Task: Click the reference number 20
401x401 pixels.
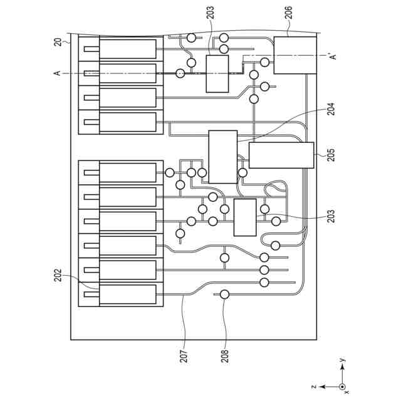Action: tap(58, 42)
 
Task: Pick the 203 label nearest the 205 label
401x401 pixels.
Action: tap(331, 217)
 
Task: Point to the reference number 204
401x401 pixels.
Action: tap(331, 108)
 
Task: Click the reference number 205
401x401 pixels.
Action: tap(331, 154)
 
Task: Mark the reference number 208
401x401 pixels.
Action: tap(225, 356)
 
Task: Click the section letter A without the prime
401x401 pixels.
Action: tap(57, 73)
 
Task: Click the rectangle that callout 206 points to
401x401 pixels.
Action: tap(294, 55)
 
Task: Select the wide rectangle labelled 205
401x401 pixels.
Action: tap(281, 155)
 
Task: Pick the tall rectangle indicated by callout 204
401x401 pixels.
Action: tap(222, 157)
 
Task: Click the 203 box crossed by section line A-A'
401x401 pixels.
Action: tap(217, 74)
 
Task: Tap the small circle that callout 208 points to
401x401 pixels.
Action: tap(225, 294)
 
